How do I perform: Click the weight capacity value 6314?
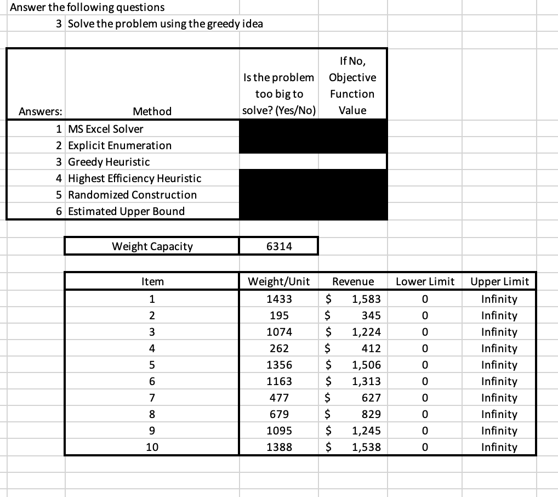point(279,246)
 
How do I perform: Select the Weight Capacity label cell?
point(152,246)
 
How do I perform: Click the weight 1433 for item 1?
point(279,299)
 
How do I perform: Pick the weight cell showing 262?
point(279,348)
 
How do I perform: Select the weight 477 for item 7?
point(279,398)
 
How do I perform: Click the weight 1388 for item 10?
point(279,447)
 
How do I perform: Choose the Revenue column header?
point(353,282)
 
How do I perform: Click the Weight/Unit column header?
point(279,282)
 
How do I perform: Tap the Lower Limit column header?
point(425,282)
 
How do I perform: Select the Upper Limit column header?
point(499,282)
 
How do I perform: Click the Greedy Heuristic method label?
point(109,162)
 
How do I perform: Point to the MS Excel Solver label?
point(105,129)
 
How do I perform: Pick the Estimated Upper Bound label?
point(126,211)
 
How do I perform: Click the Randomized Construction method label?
point(132,195)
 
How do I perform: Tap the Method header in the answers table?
point(152,111)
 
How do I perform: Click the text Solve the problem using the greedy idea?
point(166,24)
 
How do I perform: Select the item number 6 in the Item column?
point(152,381)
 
